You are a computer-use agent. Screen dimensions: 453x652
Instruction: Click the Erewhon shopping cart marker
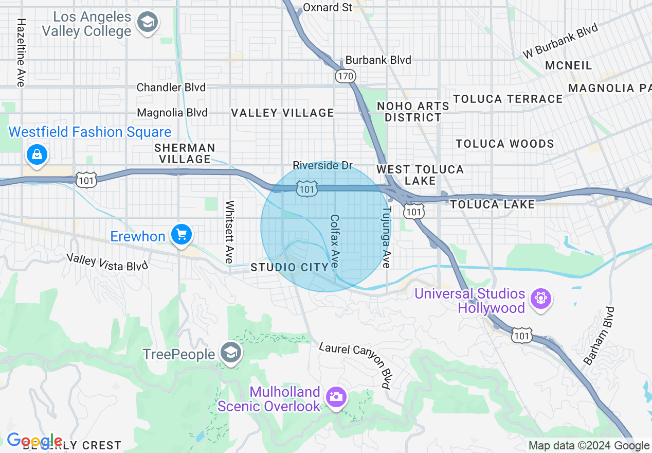tap(181, 235)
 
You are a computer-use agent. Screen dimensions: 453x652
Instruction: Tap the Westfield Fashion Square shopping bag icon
tap(37, 154)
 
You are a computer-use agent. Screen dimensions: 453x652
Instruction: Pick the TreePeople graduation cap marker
tap(230, 353)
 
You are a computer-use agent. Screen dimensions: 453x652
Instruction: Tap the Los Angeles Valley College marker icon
tap(148, 22)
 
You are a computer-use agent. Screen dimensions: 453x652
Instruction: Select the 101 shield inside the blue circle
tap(306, 190)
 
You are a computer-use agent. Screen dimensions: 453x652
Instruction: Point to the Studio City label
tap(289, 267)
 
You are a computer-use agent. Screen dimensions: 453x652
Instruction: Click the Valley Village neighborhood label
tap(282, 113)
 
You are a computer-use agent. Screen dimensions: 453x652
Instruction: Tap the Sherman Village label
tap(185, 153)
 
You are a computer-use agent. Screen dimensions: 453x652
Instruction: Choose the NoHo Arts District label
tap(413, 112)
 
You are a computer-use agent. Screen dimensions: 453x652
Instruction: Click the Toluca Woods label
tap(505, 144)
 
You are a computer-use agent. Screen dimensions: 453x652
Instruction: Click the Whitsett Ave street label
tap(229, 232)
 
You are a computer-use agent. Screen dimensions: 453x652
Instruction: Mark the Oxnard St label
tap(328, 7)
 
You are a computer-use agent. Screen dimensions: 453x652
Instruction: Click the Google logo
tap(34, 441)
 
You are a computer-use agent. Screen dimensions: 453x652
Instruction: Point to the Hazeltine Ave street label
tap(21, 53)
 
